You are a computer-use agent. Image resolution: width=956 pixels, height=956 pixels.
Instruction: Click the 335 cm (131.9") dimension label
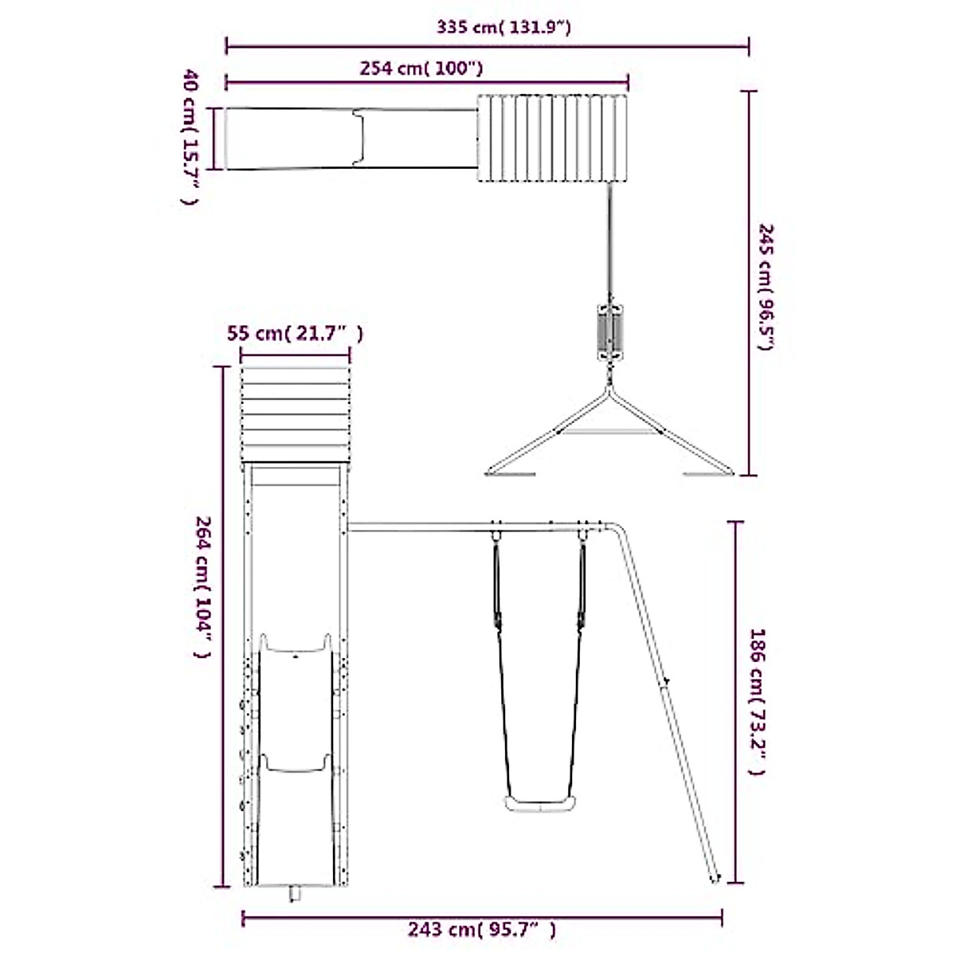[503, 27]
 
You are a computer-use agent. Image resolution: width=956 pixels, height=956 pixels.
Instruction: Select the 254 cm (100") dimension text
[421, 68]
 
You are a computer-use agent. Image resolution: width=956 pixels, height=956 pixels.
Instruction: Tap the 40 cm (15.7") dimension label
[190, 136]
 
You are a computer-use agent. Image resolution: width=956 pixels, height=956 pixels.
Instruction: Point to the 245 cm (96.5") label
[766, 287]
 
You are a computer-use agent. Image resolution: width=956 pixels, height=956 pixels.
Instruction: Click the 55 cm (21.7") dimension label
[295, 333]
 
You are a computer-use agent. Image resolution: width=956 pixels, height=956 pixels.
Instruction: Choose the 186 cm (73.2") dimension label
[757, 702]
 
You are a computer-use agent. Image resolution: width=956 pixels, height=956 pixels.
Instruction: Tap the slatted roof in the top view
[552, 138]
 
